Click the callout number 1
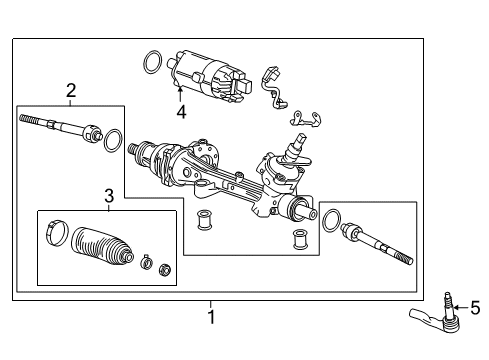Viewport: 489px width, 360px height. [x=211, y=318]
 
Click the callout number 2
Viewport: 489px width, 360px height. [x=71, y=91]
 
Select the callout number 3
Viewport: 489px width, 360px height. [x=108, y=197]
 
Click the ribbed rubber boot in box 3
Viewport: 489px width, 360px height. [x=102, y=248]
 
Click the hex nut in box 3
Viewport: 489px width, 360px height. [x=165, y=267]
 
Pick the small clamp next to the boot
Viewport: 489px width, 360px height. [x=145, y=264]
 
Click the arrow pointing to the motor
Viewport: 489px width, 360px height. [x=180, y=96]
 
